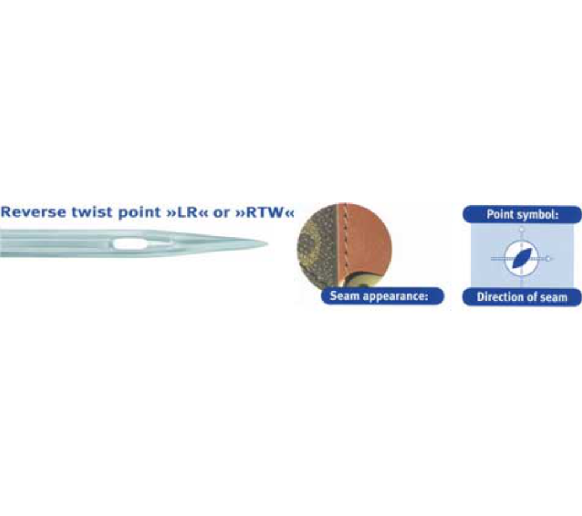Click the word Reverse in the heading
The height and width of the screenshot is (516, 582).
point(33,212)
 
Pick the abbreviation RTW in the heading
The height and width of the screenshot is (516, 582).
point(265,212)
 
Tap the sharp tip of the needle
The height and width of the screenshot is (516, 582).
point(267,244)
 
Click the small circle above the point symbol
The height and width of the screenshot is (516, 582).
point(521,229)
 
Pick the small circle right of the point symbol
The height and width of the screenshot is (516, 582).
point(548,258)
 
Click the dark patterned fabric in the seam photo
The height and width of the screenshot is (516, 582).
point(317,245)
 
